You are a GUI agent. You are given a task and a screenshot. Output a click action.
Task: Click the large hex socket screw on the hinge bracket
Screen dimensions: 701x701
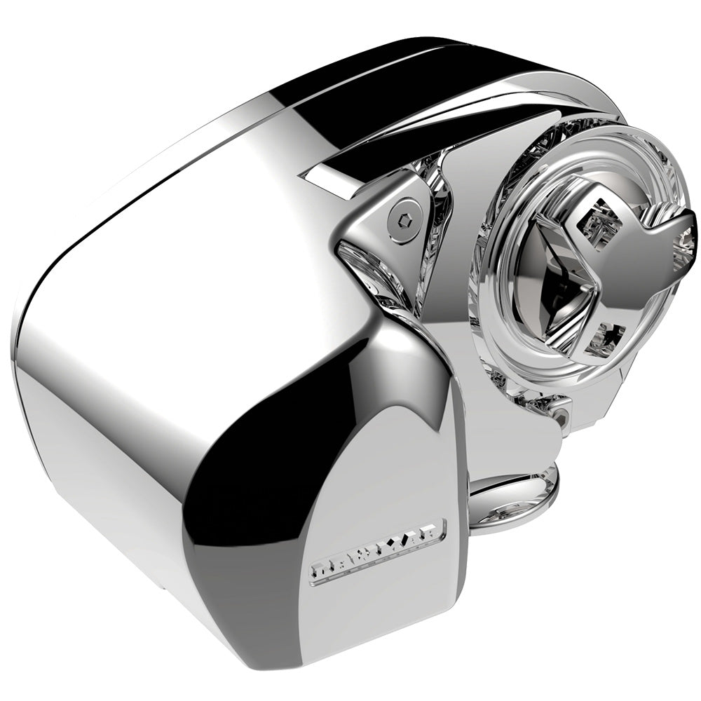click(x=405, y=210)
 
